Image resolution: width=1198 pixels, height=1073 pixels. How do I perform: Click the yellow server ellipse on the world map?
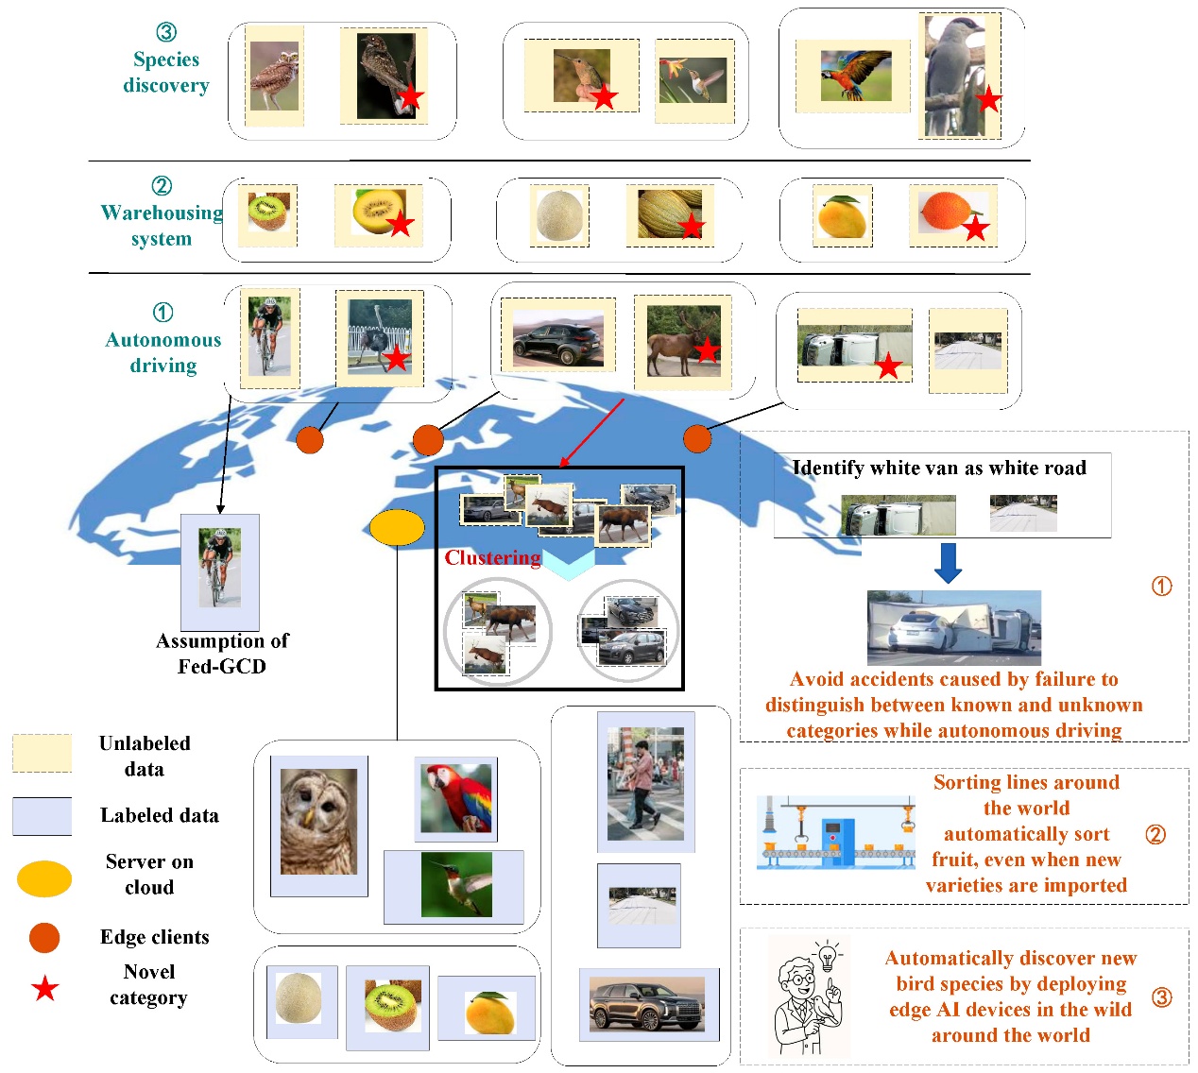[397, 527]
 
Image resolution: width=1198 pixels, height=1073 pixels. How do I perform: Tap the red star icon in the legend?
[45, 988]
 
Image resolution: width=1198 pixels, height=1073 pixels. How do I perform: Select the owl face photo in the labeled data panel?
[319, 821]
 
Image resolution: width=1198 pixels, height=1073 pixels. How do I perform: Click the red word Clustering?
[492, 557]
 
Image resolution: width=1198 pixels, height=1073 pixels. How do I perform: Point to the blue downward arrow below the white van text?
[948, 563]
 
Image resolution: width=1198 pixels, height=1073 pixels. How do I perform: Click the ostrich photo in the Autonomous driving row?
[380, 337]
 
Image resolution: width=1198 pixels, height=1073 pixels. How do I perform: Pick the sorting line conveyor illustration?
[835, 831]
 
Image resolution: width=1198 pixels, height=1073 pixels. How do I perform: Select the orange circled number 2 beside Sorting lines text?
[1155, 835]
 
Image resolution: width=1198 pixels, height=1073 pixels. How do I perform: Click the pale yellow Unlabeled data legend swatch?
[42, 753]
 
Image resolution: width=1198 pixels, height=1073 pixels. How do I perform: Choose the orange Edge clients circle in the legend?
[44, 937]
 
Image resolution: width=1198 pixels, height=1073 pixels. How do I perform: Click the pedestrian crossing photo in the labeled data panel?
[646, 783]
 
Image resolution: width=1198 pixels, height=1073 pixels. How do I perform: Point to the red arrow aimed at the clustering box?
[592, 432]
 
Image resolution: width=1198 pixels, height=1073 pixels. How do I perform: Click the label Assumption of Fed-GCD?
[222, 653]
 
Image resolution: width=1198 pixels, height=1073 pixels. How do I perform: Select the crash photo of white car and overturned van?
[954, 628]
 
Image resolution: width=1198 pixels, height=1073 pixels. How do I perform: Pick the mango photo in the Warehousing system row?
[842, 216]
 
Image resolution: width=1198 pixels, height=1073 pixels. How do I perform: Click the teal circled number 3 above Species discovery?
[166, 32]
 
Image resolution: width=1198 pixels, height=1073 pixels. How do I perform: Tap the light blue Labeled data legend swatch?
[42, 816]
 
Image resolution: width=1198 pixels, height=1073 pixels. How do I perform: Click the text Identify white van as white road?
[939, 468]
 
